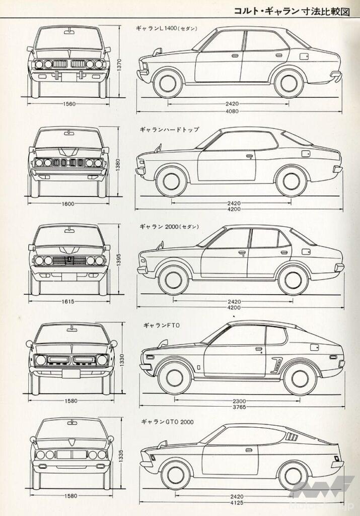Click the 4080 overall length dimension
(232, 110)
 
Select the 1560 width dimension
(70, 104)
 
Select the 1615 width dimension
(69, 301)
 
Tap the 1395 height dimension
(117, 260)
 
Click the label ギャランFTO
(158, 326)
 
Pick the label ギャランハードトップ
(169, 130)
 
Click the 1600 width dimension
(69, 204)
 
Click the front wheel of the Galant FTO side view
(175, 377)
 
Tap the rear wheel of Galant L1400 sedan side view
(289, 83)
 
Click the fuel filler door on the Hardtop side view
(306, 153)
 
